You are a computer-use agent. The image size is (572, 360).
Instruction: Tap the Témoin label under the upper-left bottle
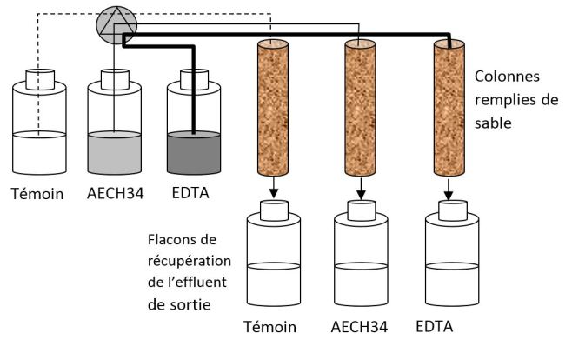(x=37, y=193)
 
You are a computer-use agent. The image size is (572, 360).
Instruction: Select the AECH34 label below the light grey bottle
(x=115, y=193)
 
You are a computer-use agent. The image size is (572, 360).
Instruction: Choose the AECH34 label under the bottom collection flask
(x=359, y=328)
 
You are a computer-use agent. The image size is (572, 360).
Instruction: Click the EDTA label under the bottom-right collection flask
(x=435, y=328)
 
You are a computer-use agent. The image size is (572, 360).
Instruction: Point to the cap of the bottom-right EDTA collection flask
(x=449, y=209)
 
